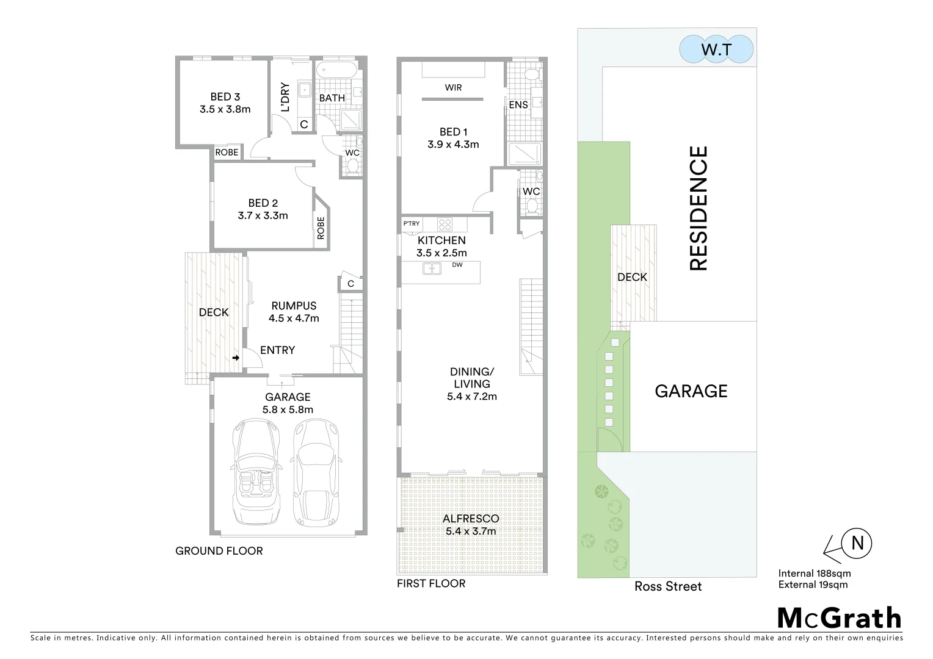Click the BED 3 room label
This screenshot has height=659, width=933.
point(225,96)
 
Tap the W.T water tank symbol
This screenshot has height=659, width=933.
point(716,49)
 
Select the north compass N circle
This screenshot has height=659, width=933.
point(857,542)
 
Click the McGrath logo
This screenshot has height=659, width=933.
point(839,618)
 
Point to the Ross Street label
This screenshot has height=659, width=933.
point(668,586)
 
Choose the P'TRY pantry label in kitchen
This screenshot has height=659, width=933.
point(411,224)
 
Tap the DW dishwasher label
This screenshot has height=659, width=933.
point(457,265)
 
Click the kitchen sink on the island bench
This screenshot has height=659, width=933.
point(432,268)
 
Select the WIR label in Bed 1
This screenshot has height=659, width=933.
point(453,88)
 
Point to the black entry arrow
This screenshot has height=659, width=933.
point(236,358)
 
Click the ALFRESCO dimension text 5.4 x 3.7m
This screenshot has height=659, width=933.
point(471,531)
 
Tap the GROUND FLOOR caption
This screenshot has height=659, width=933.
point(219,551)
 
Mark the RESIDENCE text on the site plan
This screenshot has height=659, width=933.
point(698,208)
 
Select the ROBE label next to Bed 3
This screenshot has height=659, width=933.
point(227,153)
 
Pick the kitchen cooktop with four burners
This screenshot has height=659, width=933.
point(444,224)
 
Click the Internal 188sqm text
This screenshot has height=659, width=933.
point(814,574)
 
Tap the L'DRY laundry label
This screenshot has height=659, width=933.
point(285,97)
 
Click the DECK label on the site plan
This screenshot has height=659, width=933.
point(632,277)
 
